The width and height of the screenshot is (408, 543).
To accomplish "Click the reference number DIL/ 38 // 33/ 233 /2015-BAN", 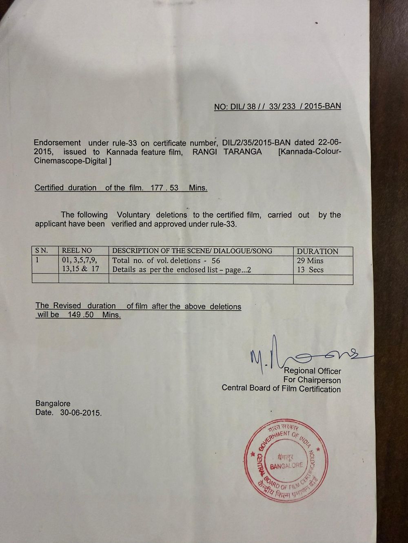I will pyautogui.click(x=286, y=107).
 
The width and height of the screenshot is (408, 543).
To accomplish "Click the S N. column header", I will pyautogui.click(x=42, y=251).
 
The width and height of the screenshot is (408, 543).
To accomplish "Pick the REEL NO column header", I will pyautogui.click(x=77, y=251).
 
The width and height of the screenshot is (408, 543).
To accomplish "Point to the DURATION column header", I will pyautogui.click(x=317, y=251).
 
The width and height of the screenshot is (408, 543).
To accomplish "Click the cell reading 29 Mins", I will pyautogui.click(x=310, y=261).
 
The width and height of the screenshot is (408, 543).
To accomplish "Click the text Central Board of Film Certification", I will pyautogui.click(x=281, y=389).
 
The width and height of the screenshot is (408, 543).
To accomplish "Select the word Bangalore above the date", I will pyautogui.click(x=53, y=404).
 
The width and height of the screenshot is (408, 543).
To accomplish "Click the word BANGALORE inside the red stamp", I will pyautogui.click(x=286, y=465).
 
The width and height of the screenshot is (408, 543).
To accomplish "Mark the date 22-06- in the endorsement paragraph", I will pyautogui.click(x=328, y=143).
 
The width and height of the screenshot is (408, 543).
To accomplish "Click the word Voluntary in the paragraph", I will pyautogui.click(x=134, y=215).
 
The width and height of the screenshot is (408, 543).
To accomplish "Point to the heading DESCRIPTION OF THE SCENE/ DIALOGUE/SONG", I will pyautogui.click(x=192, y=251).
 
